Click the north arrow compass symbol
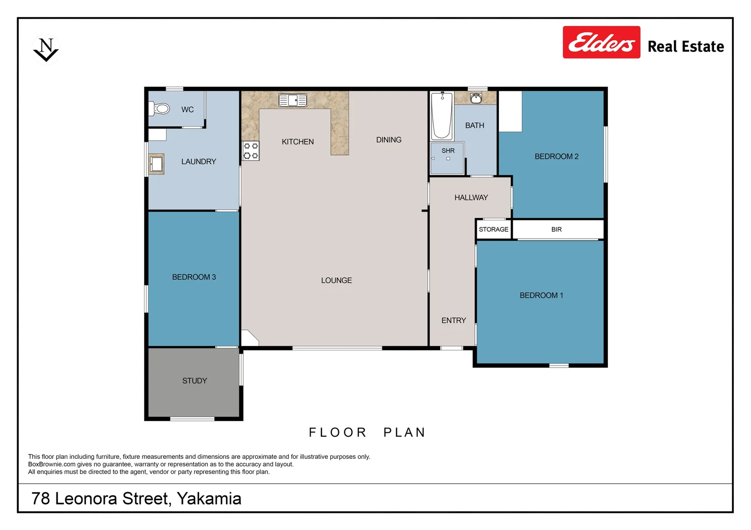[46, 50]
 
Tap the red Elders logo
[601, 43]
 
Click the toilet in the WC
[160, 108]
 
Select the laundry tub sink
[157, 163]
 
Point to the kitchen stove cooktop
[251, 151]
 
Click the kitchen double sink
[292, 100]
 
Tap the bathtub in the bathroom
[441, 116]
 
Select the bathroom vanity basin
[475, 98]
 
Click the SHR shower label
[448, 151]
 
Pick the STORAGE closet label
[493, 229]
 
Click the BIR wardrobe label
[556, 229]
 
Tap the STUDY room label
[195, 381]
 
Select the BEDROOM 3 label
[194, 277]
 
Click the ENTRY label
[453, 320]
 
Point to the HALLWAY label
[471, 197]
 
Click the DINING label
[388, 140]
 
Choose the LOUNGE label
[336, 280]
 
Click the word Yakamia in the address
[209, 499]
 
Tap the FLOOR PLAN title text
[367, 432]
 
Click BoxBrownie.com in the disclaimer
[52, 464]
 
